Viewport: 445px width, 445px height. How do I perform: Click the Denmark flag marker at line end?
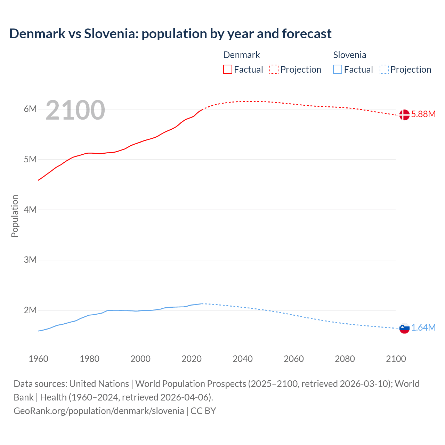tap(404, 115)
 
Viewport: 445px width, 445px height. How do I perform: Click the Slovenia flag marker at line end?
tap(404, 328)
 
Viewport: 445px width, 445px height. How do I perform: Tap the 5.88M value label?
tap(423, 114)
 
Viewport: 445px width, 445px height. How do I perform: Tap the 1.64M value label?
tap(423, 328)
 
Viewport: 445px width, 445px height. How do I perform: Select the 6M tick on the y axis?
tap(30, 109)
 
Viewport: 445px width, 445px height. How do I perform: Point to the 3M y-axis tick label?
tap(30, 260)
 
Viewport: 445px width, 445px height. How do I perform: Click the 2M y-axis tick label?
tap(30, 310)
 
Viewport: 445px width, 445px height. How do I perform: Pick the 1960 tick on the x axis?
tap(38, 359)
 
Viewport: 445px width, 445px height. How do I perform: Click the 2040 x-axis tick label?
tap(243, 359)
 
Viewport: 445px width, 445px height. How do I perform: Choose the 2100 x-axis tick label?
tap(396, 359)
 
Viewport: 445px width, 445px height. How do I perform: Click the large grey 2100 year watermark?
tap(75, 110)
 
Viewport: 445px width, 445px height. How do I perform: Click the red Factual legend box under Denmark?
tap(228, 70)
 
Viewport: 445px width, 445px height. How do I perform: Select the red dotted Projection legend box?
tap(274, 70)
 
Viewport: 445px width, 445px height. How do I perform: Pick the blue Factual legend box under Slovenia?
tap(338, 70)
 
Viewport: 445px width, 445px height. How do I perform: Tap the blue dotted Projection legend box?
tap(384, 70)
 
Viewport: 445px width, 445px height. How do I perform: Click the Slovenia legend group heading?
tap(349, 55)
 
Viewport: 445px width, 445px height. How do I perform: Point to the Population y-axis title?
tap(15, 216)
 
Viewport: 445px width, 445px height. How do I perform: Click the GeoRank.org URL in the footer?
tap(99, 411)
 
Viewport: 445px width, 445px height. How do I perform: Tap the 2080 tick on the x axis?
tap(345, 359)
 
